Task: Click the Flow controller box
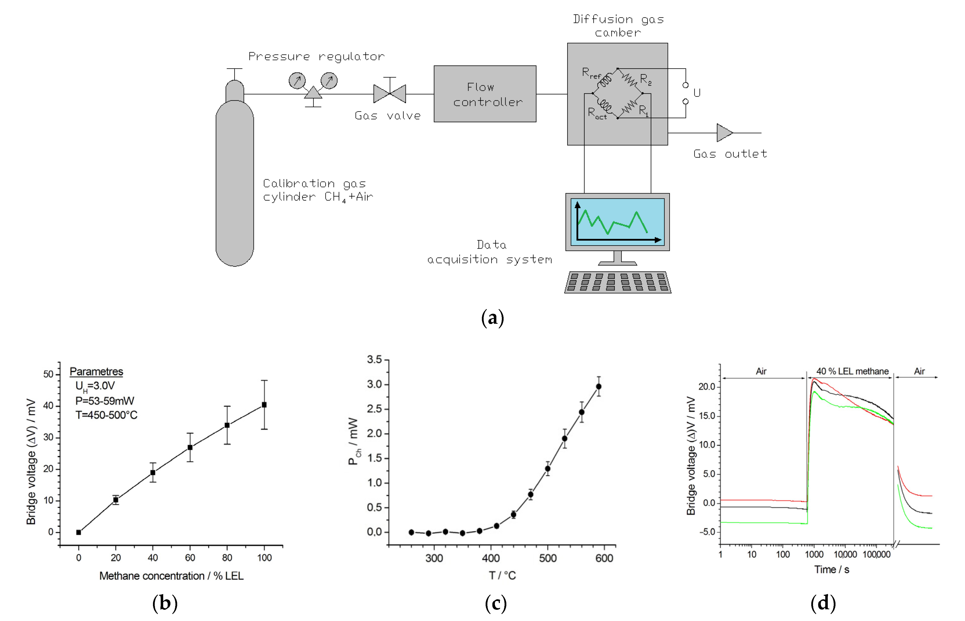coord(485,94)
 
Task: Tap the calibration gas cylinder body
coord(235,181)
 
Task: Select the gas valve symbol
coord(389,94)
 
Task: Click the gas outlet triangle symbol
coord(724,133)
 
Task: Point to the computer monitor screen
coord(617,222)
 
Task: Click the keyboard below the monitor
coord(618,282)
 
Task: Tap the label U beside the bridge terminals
coord(697,93)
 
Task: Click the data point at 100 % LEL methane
coord(264,404)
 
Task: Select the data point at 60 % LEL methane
coord(190,447)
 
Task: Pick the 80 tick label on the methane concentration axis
coord(227,558)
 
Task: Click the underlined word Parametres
coord(96,371)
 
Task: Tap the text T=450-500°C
coord(106,415)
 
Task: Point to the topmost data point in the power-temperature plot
coord(599,386)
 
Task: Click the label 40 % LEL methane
coord(852,371)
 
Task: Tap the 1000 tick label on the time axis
coord(814,554)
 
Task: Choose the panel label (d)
coord(823,603)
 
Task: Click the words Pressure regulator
coord(316,56)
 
